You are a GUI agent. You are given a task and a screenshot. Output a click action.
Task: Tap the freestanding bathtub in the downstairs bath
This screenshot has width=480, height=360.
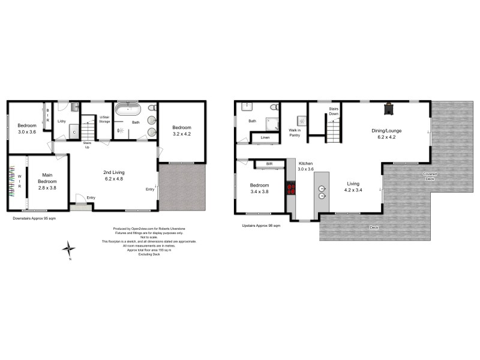click(x=127, y=110)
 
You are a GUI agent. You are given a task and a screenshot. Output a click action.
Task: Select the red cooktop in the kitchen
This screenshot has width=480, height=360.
click(x=292, y=190)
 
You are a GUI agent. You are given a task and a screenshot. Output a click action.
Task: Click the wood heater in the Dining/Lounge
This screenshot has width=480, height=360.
click(x=389, y=108)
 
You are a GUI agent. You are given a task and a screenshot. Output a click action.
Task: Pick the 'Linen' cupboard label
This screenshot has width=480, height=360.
click(x=264, y=139)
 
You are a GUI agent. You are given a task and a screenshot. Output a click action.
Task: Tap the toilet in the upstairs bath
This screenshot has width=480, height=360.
click(x=274, y=107)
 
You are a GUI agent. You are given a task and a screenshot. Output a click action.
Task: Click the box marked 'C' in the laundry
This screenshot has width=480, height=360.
click(x=73, y=132)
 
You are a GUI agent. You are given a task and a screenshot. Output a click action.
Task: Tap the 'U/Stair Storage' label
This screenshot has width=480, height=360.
click(x=104, y=119)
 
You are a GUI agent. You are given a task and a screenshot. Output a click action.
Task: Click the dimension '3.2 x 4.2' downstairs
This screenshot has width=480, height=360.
click(x=181, y=134)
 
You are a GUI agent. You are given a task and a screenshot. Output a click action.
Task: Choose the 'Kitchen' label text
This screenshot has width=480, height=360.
click(x=305, y=163)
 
